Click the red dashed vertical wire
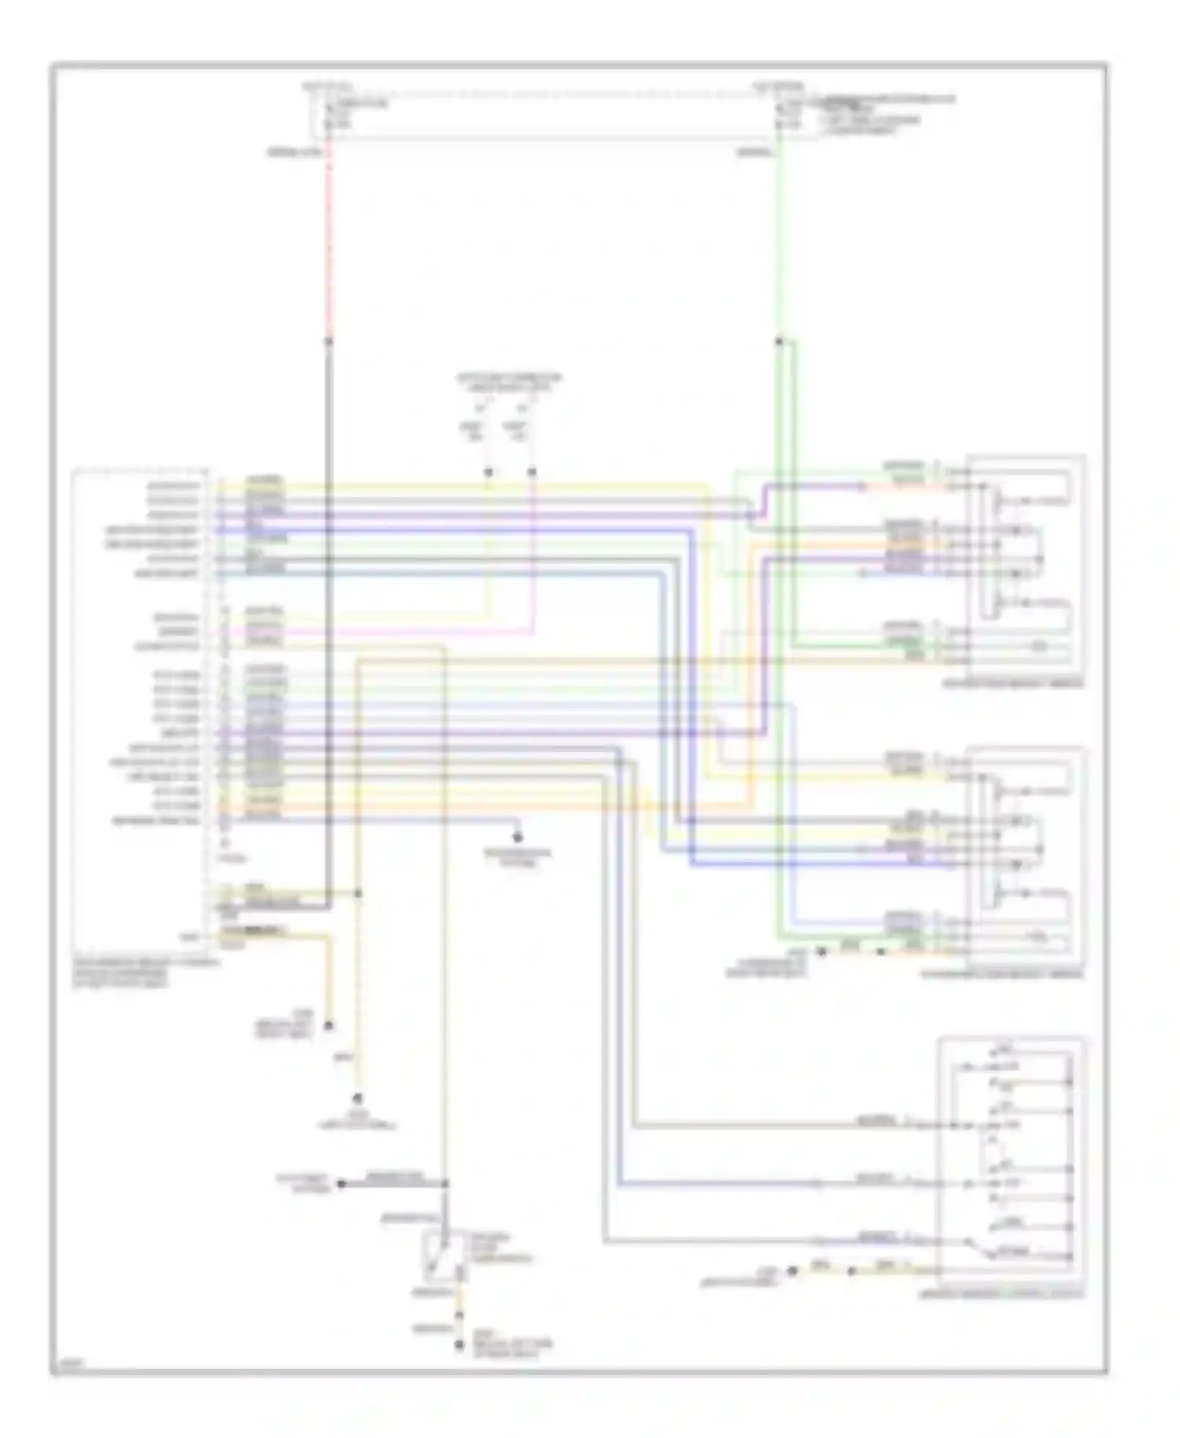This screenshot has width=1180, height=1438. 329,236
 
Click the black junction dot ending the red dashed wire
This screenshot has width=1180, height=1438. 329,341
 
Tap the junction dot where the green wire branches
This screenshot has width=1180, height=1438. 778,341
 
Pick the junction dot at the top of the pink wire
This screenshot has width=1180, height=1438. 533,472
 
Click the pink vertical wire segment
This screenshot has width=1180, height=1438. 533,551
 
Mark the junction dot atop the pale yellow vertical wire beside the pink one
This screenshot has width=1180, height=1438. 488,472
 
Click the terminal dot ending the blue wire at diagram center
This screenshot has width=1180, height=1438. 517,838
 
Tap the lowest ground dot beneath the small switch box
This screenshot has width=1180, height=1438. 459,1346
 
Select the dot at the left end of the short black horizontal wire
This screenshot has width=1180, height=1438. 341,1183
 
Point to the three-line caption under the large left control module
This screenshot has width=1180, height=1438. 146,972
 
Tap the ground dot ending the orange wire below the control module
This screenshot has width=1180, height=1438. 329,1026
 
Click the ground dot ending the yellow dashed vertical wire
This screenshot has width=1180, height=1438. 358,1100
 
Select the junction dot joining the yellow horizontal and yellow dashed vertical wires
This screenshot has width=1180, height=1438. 358,894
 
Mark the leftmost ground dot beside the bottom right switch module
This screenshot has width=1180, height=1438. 793,1270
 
